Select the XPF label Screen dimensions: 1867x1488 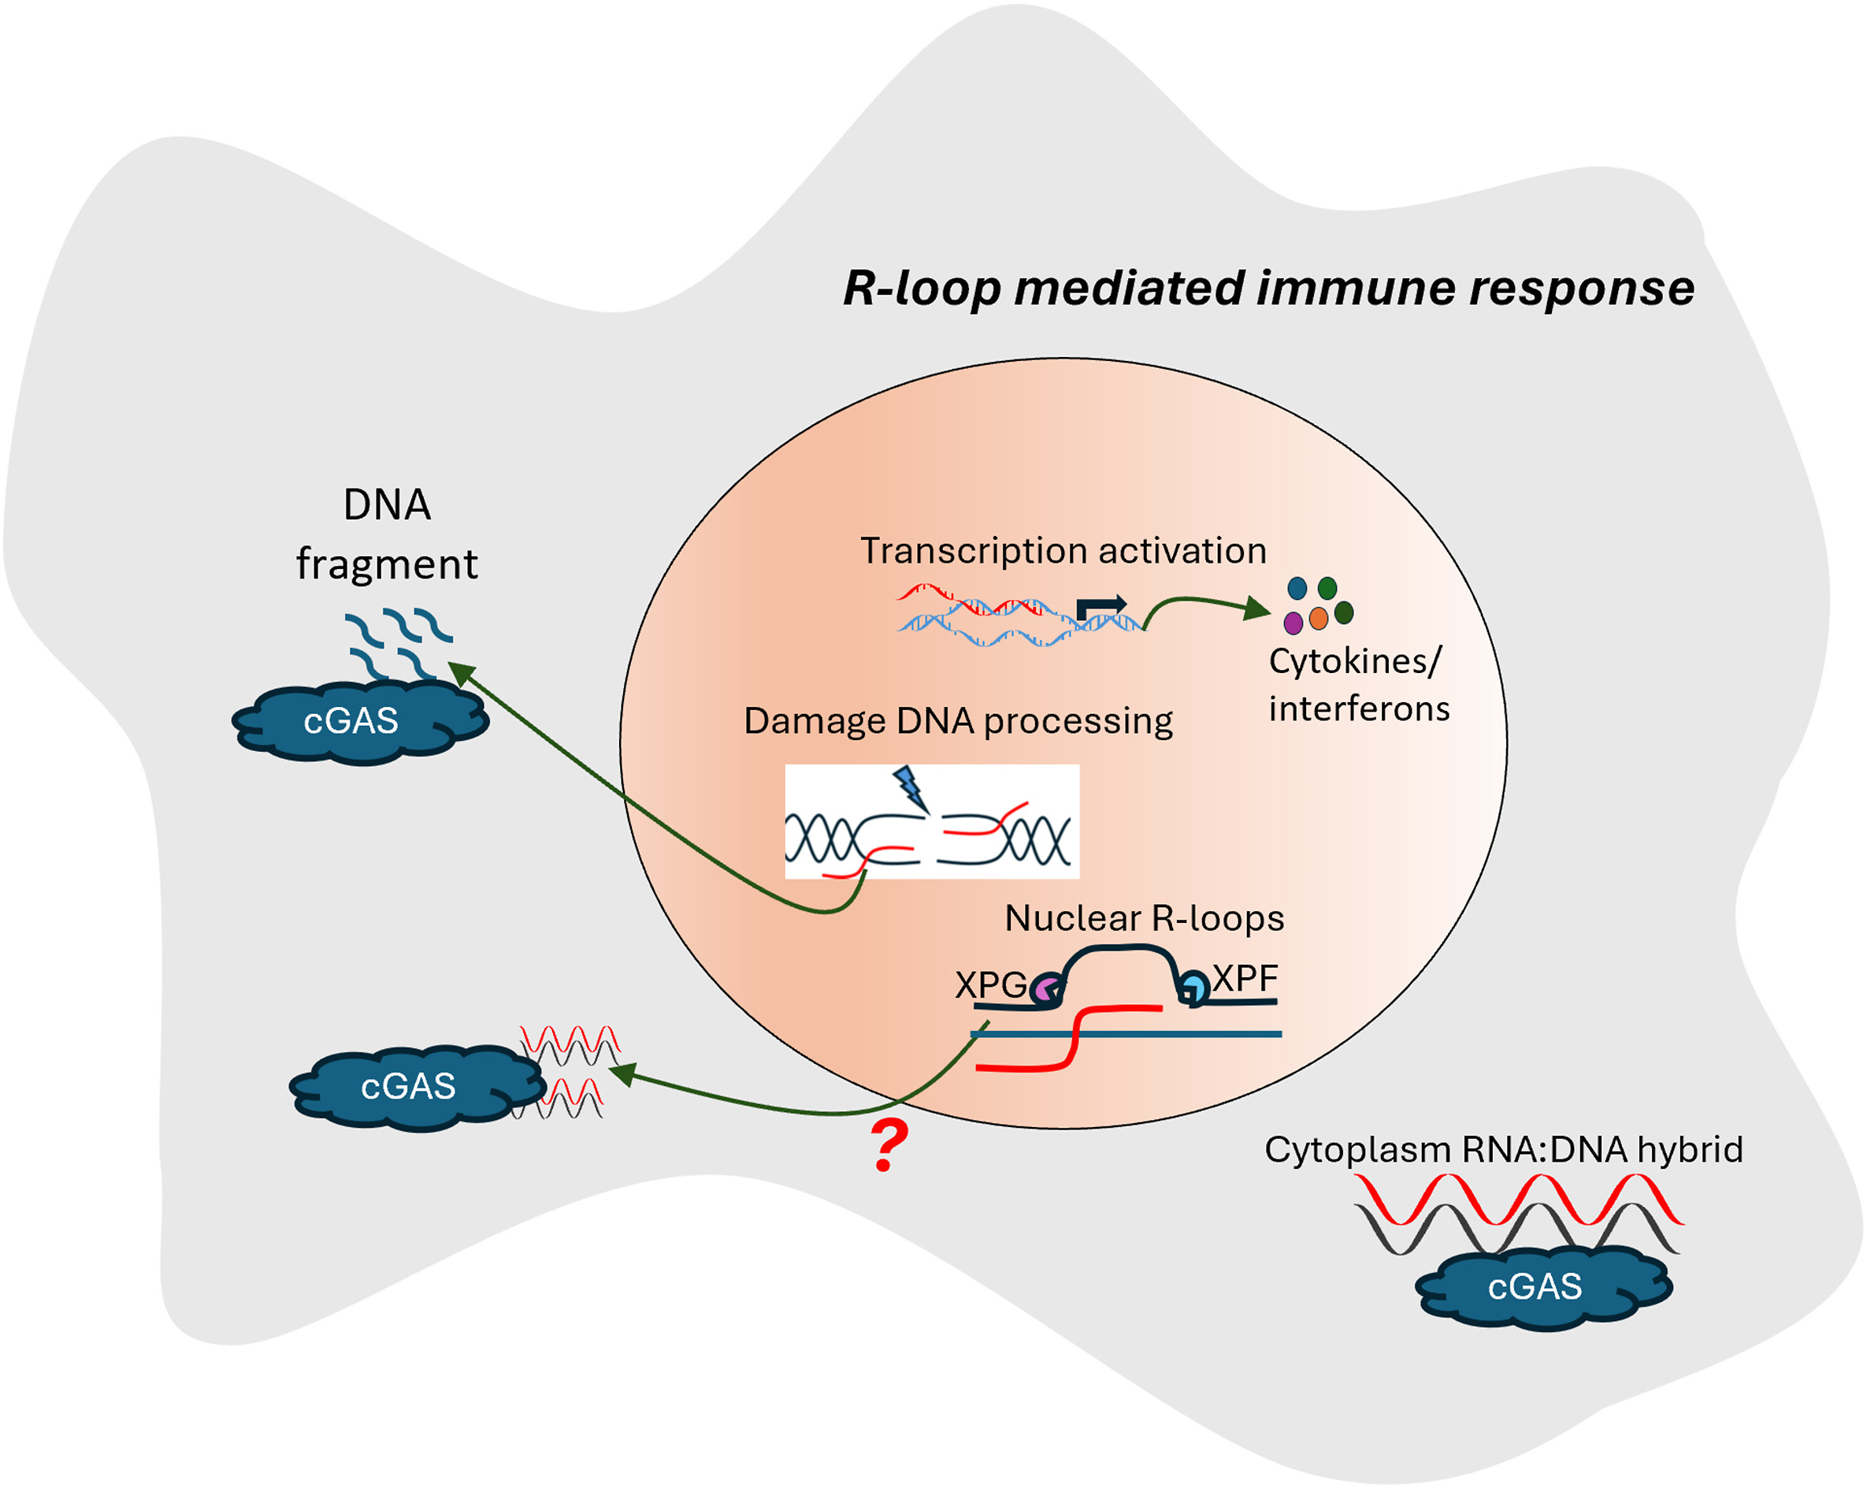[x=1245, y=979]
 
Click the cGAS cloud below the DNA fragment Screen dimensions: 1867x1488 [x=360, y=721]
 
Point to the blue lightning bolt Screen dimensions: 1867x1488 [x=910, y=787]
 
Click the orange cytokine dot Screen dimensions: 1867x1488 [x=1319, y=618]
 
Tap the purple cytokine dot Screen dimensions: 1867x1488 [x=1294, y=622]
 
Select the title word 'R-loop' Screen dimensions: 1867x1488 [x=922, y=288]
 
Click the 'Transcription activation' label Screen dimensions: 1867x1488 [x=1063, y=551]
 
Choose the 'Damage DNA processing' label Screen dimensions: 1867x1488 [x=959, y=721]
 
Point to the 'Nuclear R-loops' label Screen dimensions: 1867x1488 [x=1145, y=918]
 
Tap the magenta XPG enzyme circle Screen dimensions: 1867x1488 [x=1046, y=989]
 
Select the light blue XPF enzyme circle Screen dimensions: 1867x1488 [x=1195, y=988]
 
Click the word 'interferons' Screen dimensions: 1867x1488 [x=1360, y=709]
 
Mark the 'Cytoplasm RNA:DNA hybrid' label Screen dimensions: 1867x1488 [x=1504, y=1149]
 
